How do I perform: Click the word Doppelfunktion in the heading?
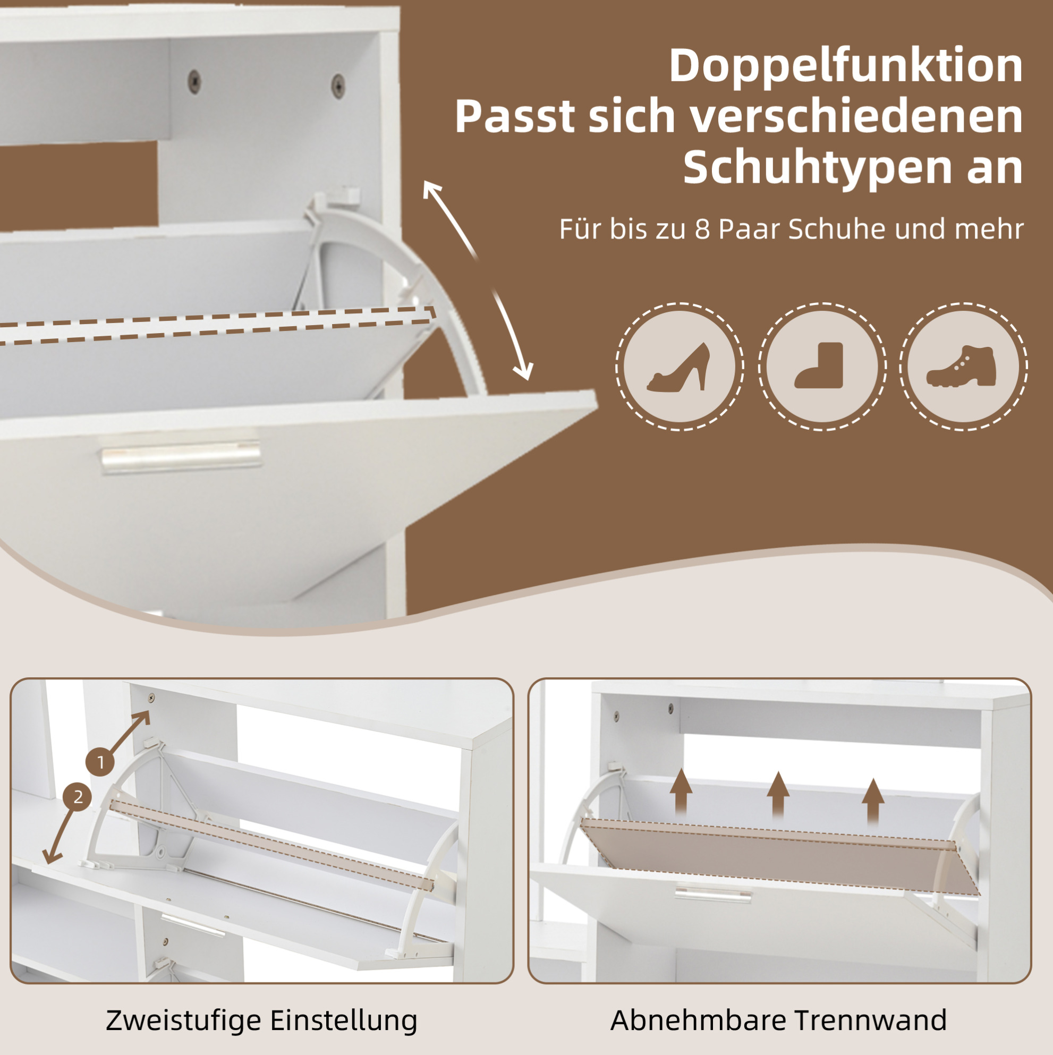(846, 65)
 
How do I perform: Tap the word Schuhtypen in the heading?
(816, 168)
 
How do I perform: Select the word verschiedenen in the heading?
(856, 116)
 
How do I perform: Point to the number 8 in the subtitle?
(702, 229)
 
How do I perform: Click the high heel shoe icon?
(679, 367)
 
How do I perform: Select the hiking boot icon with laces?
(962, 366)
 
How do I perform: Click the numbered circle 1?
(100, 762)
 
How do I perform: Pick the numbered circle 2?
(78, 797)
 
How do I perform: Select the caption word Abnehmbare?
(698, 1019)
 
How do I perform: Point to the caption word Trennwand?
(870, 1019)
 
